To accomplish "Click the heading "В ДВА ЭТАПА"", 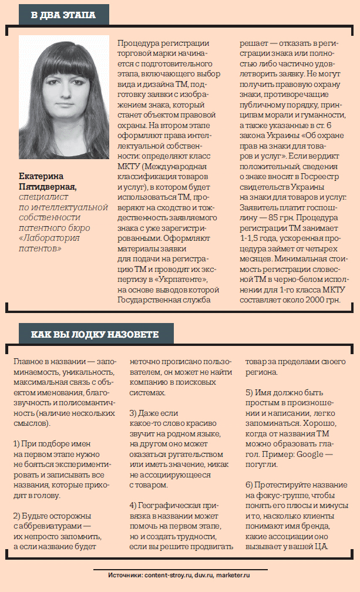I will tap(64, 15).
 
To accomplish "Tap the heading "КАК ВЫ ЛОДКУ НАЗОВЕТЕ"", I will tap(95, 335).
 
